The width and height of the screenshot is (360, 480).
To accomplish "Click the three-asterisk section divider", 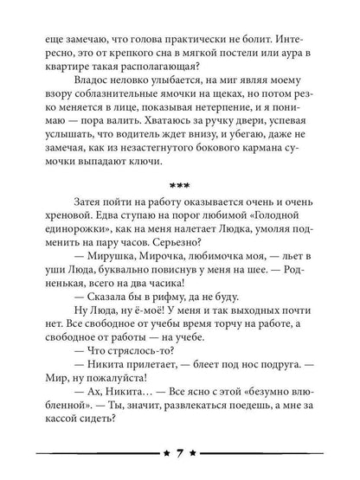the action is pos(180,210).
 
